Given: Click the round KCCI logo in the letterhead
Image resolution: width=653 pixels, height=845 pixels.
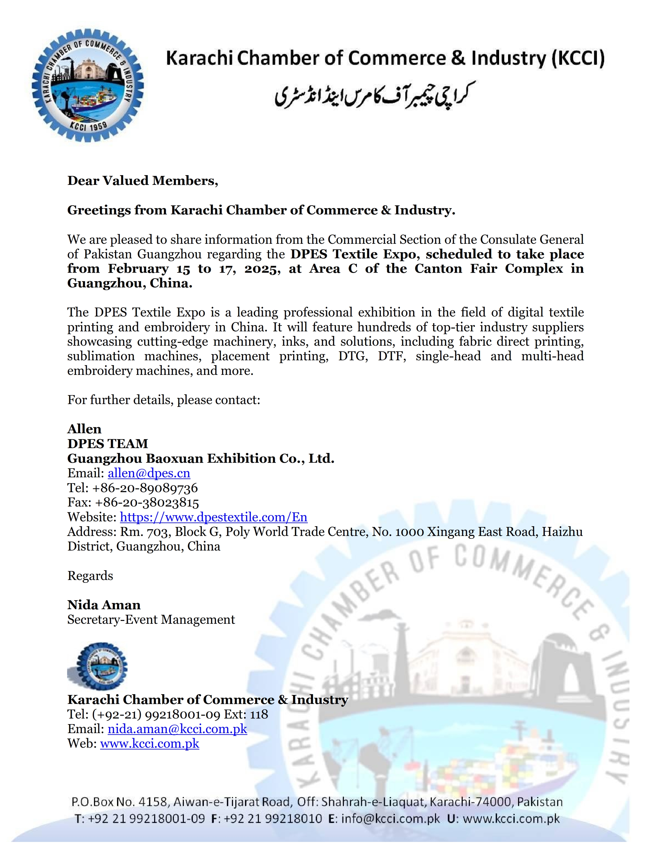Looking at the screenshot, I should [x=88, y=85].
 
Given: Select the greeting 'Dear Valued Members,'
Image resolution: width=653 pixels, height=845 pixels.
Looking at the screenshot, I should [x=142, y=181].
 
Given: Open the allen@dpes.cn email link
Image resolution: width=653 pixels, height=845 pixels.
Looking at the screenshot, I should [x=149, y=473].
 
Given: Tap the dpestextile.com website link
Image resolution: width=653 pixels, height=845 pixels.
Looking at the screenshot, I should [x=214, y=517].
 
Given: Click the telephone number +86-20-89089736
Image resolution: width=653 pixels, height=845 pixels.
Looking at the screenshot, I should [x=145, y=488].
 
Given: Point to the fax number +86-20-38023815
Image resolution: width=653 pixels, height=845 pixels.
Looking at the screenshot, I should [x=147, y=503].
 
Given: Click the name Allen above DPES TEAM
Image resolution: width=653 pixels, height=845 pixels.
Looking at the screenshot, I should [x=84, y=429].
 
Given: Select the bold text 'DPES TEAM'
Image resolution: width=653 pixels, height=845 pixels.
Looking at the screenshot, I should [x=108, y=444].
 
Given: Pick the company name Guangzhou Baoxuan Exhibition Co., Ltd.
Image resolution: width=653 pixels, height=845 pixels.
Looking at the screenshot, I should [x=201, y=459].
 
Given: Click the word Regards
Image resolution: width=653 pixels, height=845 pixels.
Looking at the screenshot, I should [x=90, y=576].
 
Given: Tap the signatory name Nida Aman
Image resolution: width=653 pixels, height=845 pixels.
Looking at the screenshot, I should [x=104, y=605].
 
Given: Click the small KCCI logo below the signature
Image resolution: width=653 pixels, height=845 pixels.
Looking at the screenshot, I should [x=98, y=666].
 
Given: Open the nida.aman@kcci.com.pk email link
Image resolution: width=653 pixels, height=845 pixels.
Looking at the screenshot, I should [x=177, y=729].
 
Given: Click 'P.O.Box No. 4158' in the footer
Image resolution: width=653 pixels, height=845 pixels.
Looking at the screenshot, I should [x=120, y=802].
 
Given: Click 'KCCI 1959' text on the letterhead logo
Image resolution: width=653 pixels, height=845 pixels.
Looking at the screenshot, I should [x=89, y=126].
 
